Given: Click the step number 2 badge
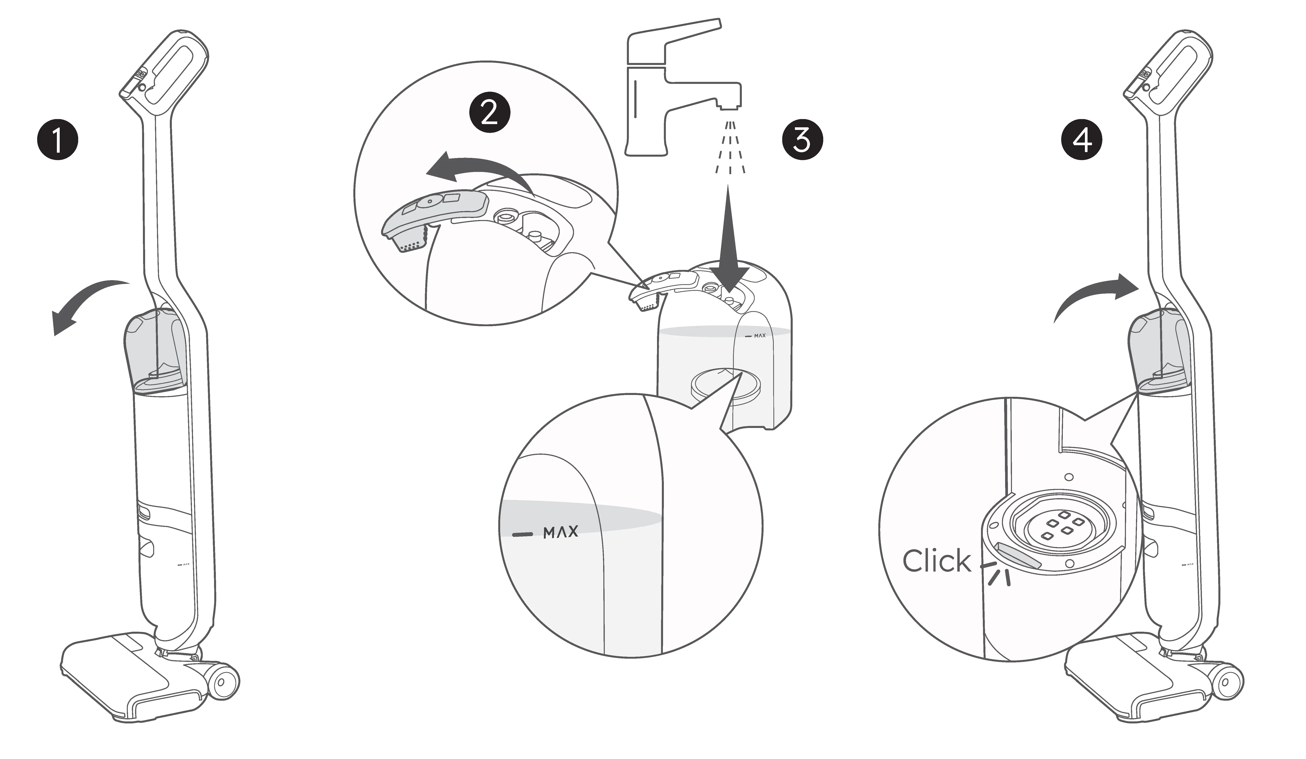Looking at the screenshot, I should [489, 112].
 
